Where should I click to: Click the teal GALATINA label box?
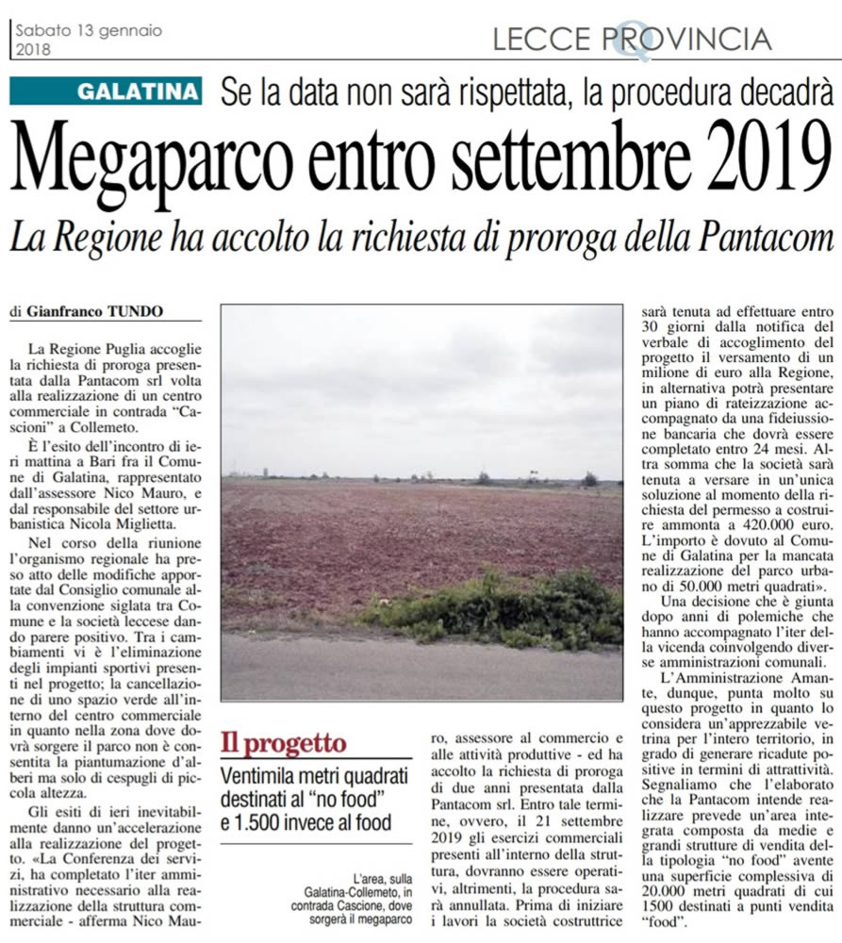107,91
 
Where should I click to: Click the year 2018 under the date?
34,48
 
